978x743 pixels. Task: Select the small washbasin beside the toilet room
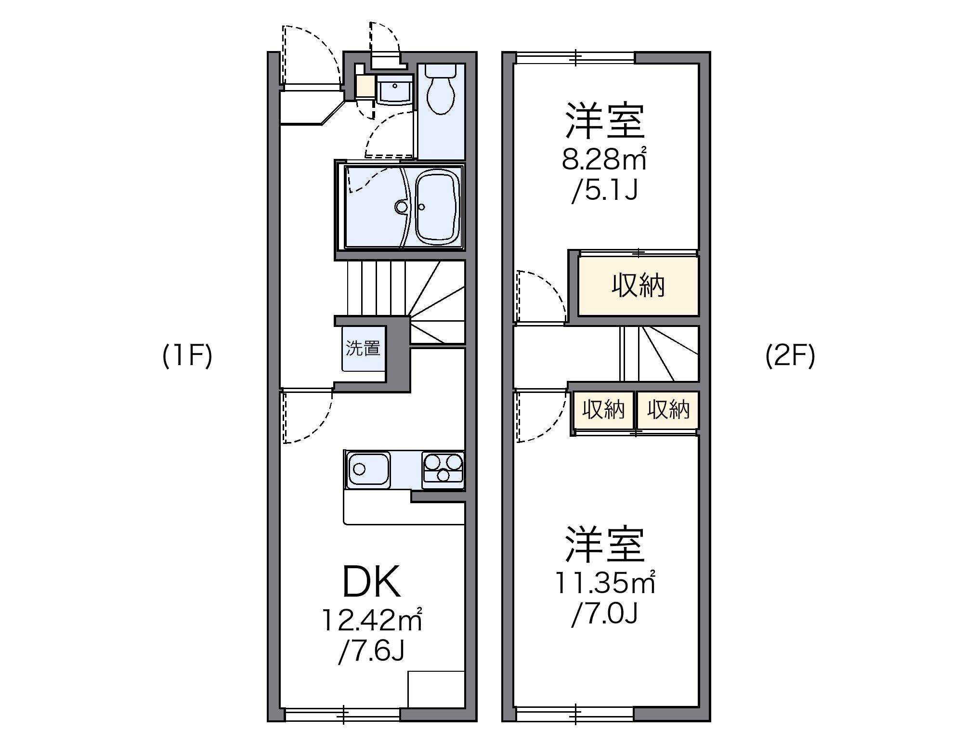pyautogui.click(x=394, y=89)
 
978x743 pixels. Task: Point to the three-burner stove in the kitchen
pyautogui.click(x=443, y=468)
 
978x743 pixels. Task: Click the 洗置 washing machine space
pyautogui.click(x=364, y=348)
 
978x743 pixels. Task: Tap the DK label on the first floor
pyautogui.click(x=371, y=582)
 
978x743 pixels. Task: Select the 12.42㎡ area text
pyautogui.click(x=372, y=620)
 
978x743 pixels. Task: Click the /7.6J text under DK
pyautogui.click(x=371, y=651)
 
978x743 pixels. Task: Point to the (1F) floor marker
pyautogui.click(x=187, y=357)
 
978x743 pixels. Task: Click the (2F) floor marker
pyautogui.click(x=790, y=357)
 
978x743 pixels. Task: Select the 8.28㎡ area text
pyautogui.click(x=604, y=159)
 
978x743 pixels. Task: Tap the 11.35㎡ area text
pyautogui.click(x=605, y=582)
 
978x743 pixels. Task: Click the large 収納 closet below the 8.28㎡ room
pyautogui.click(x=638, y=286)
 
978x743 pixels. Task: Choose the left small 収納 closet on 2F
pyautogui.click(x=603, y=410)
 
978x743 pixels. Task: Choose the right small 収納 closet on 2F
pyautogui.click(x=668, y=410)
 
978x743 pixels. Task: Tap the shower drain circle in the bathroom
pyautogui.click(x=400, y=207)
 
